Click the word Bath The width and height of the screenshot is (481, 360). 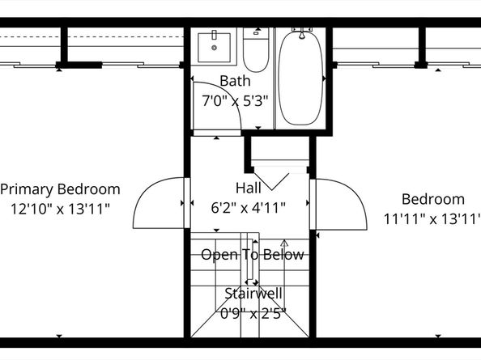(235, 82)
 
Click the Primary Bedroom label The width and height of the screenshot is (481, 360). (60, 189)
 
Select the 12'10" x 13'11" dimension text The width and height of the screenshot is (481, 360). (60, 208)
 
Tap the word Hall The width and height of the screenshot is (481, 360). (248, 188)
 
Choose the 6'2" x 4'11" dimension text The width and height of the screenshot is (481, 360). (248, 207)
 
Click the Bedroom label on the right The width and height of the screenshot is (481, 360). (433, 199)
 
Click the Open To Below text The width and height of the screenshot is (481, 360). (253, 255)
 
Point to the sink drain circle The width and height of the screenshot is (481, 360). (215, 47)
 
